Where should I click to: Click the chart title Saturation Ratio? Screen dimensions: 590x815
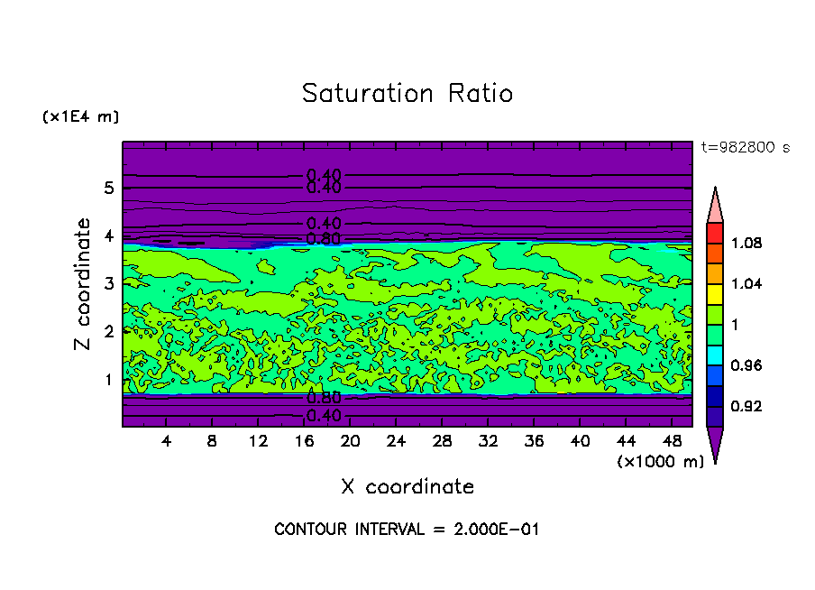(x=407, y=94)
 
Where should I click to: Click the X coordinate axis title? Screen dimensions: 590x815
(x=407, y=487)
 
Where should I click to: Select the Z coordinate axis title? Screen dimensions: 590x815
(x=83, y=284)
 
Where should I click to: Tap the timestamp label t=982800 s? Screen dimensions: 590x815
(x=745, y=148)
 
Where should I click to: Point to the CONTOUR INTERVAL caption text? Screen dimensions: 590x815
(x=407, y=530)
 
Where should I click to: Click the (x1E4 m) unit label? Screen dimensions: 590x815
(x=80, y=117)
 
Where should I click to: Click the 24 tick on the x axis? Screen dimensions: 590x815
(x=396, y=441)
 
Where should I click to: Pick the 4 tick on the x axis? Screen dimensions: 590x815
(x=166, y=441)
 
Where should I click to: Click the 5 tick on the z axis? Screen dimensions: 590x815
(x=108, y=189)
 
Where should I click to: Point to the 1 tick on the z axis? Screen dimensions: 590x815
(x=108, y=380)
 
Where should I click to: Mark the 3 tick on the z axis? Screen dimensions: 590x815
(x=108, y=284)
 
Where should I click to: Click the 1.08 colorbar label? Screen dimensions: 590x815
(x=747, y=244)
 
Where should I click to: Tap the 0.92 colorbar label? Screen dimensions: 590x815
(x=747, y=407)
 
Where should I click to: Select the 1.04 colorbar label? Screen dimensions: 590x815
(x=747, y=284)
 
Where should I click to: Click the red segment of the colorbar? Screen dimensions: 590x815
(x=715, y=233)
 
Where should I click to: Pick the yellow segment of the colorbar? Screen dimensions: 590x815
(x=715, y=293)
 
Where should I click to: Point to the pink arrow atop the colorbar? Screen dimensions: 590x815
(x=715, y=206)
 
